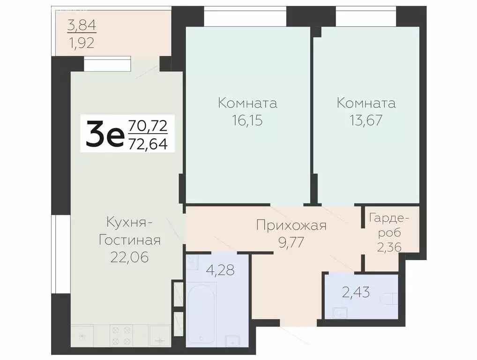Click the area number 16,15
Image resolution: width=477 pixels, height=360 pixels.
pyautogui.click(x=247, y=120)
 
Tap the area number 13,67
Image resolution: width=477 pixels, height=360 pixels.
pyautogui.click(x=366, y=120)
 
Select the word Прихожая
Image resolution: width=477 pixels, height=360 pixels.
pyautogui.click(x=291, y=225)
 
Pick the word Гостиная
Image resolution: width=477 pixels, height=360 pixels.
pyautogui.click(x=129, y=240)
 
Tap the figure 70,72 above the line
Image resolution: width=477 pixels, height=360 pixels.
pyautogui.click(x=148, y=126)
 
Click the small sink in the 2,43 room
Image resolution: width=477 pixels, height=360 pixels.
pyautogui.click(x=338, y=312)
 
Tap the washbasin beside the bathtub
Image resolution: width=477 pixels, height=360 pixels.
pyautogui.click(x=232, y=340)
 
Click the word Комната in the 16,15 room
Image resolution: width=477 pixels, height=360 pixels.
pyautogui.click(x=247, y=103)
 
